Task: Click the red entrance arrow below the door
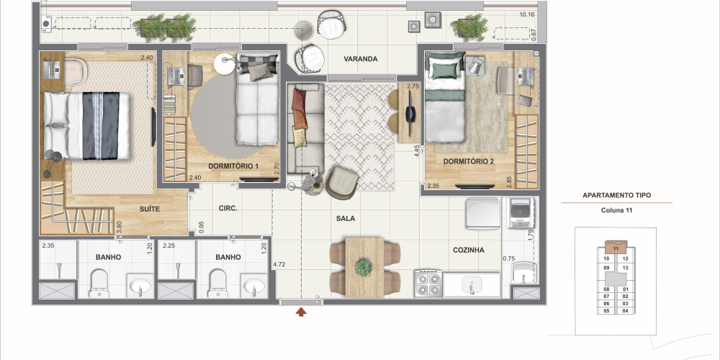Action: [x=301, y=312]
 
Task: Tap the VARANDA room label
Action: [x=361, y=59]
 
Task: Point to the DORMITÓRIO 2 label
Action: [x=469, y=161]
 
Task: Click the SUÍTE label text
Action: [x=150, y=210]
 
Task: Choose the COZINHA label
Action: [x=469, y=251]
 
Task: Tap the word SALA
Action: [x=346, y=219]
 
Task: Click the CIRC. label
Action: [x=228, y=209]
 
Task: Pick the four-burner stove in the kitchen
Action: [x=428, y=283]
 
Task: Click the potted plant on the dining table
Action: [x=364, y=267]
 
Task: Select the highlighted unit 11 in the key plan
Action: [x=616, y=248]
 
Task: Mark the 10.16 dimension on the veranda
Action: [x=527, y=14]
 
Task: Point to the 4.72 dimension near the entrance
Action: [x=279, y=264]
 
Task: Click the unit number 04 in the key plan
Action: [x=626, y=311]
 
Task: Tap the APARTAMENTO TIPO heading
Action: [x=617, y=195]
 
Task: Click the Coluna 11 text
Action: [x=617, y=210]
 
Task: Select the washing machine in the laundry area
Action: [x=521, y=212]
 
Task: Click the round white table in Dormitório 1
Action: [x=225, y=64]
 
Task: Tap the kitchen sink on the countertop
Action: [x=472, y=284]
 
